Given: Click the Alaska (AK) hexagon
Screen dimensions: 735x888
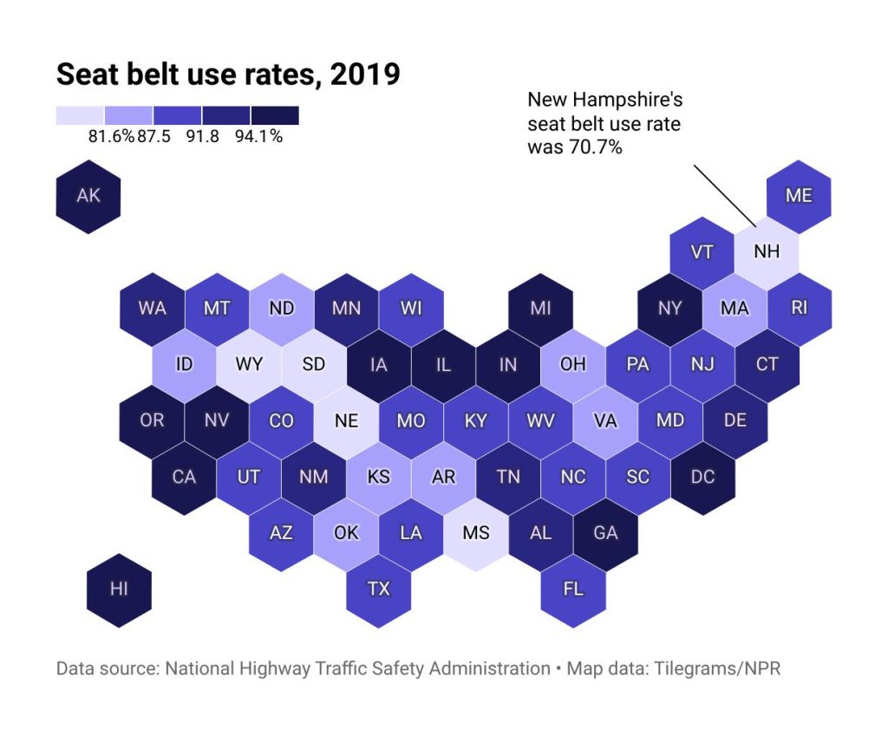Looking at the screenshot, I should tap(88, 196).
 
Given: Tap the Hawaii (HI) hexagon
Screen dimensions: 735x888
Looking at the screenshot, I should tap(119, 589).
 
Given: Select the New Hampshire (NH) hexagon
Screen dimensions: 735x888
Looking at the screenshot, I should tap(767, 252).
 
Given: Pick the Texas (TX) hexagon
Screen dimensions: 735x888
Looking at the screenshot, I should tap(378, 589).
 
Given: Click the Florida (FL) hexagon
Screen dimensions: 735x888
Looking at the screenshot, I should tap(573, 589).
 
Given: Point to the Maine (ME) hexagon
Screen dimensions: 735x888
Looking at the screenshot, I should tap(799, 196).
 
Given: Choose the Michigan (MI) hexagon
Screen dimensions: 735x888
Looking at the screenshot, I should tap(540, 309).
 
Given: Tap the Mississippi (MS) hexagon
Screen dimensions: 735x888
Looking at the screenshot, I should tap(475, 533).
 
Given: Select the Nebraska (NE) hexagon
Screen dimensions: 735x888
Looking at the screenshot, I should tap(346, 421).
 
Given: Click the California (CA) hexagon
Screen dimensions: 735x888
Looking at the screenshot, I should tap(184, 477).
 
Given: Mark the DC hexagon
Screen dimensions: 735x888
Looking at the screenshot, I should tap(702, 477).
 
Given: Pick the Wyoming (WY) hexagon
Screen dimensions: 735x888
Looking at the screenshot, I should tap(249, 365).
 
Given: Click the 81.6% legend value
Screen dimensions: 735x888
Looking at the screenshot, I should tap(111, 136).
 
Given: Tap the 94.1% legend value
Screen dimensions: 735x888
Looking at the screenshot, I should tap(258, 136).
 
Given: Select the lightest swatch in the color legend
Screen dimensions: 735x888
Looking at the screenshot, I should tap(80, 115).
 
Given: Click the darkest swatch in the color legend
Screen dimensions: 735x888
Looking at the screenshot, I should tap(275, 115).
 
